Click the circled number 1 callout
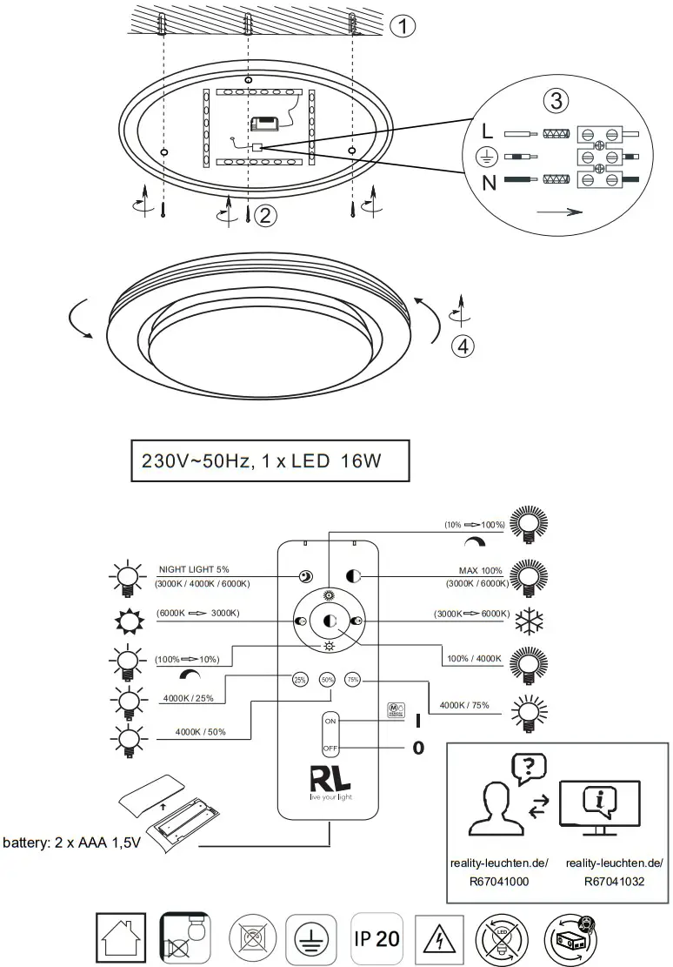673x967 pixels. point(402,27)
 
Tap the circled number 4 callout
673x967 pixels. point(463,346)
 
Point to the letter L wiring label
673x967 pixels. point(488,134)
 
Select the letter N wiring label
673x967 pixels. point(489,181)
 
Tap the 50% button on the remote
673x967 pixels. point(328,680)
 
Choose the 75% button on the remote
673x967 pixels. point(353,680)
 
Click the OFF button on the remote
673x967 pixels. point(330,748)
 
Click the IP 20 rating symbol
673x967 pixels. point(376,938)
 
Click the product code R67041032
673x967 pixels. point(613,882)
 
